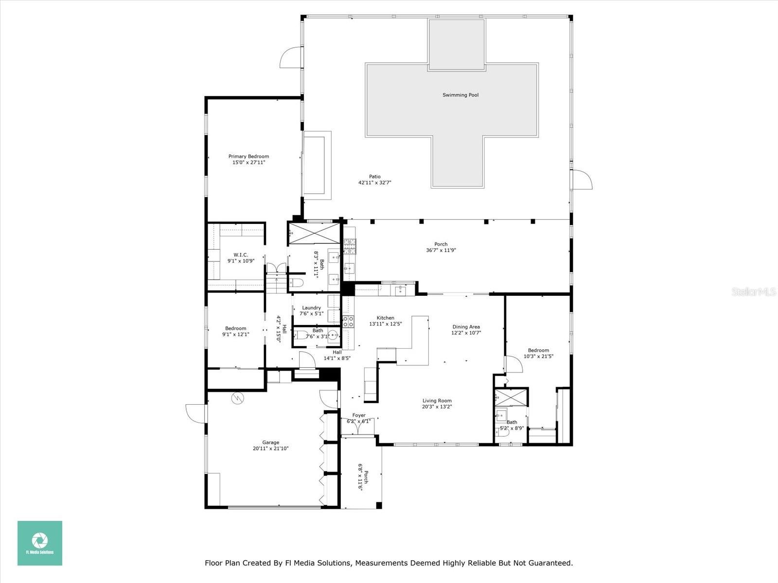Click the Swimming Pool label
point(460,95)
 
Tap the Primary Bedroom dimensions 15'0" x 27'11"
point(248,163)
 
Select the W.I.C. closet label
point(241,255)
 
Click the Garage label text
point(270,442)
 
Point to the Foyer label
point(359,415)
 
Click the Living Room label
point(437,401)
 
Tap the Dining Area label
point(466,327)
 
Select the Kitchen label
point(385,318)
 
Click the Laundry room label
point(311,308)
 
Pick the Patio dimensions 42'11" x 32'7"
point(374,183)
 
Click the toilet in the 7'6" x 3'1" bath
point(301,335)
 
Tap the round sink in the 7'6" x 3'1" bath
point(333,335)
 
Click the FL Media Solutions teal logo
point(40,543)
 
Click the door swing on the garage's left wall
point(196,413)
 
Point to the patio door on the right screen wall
point(581,180)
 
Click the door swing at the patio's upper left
point(290,57)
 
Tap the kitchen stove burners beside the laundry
point(348,321)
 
